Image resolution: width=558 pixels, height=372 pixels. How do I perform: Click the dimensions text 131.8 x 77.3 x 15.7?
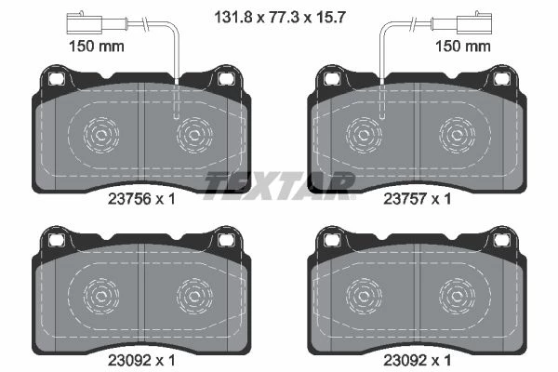280,17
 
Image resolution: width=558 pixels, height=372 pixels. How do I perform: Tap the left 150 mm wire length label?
97,46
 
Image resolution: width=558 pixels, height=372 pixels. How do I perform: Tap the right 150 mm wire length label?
463,46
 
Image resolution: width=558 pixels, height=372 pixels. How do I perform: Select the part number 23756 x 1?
141,199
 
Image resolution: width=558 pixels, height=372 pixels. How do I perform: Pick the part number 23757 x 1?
417,199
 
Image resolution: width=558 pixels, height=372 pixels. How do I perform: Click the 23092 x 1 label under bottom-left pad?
141,361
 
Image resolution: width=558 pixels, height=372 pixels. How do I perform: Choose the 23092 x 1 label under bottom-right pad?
417,361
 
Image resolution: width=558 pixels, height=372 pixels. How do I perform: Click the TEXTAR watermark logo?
279,185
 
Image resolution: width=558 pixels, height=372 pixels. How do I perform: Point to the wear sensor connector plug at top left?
85,22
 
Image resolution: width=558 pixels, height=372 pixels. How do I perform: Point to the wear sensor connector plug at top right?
474,22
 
